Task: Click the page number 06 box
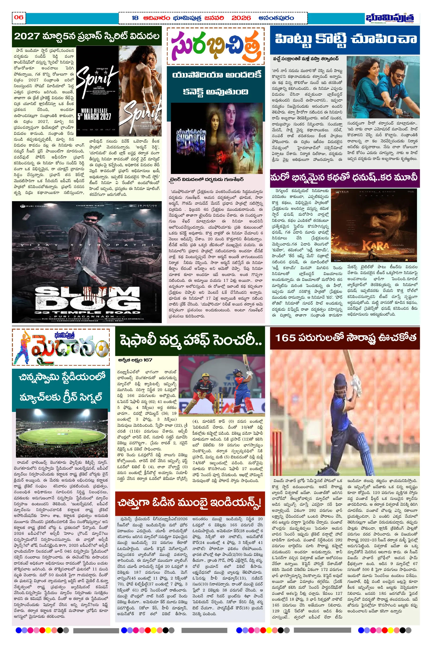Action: [19, 18]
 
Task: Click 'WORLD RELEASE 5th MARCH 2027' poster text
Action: [94, 114]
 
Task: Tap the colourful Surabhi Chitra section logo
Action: [215, 46]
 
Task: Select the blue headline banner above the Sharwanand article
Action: [345, 39]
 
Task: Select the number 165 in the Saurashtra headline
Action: [285, 338]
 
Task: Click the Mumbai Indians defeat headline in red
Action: [190, 502]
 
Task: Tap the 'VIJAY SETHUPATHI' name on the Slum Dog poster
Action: [87, 245]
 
